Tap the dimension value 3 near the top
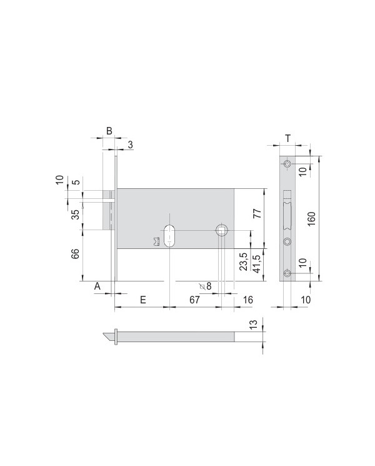(x=130, y=145)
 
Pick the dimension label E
(x=142, y=300)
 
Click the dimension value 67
(x=194, y=300)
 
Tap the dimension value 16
(x=247, y=300)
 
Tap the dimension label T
(x=287, y=138)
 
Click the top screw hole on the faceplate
(x=287, y=165)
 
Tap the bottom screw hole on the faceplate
(x=287, y=273)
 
